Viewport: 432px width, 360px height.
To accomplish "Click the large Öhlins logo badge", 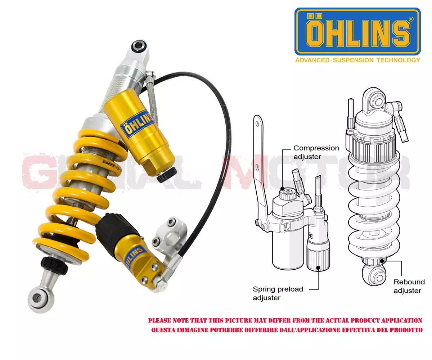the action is pos(357,32).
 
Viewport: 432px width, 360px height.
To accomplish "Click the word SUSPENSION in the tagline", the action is pos(353,60).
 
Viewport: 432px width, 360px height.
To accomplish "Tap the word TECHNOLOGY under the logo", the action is pos(398,60).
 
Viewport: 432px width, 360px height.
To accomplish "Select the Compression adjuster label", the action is pos(316,152).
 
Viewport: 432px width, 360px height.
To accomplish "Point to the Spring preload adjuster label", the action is pos(278,293).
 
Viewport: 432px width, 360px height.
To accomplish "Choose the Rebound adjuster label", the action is pos(409,286).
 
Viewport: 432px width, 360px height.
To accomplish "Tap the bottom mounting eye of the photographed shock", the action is pos(39,298).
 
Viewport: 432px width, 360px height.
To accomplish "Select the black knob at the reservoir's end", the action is pos(167,174).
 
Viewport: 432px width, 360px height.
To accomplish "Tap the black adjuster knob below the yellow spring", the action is pos(54,265).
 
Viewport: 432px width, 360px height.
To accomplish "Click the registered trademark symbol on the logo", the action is pos(411,19).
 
